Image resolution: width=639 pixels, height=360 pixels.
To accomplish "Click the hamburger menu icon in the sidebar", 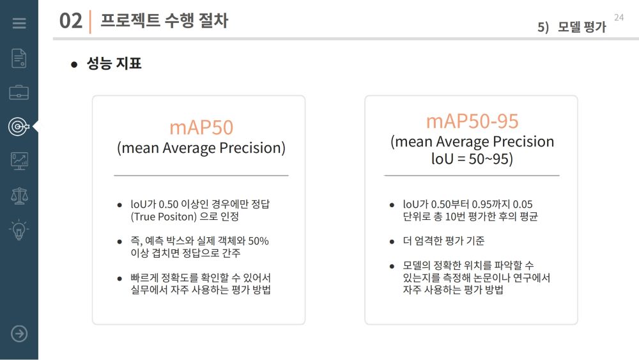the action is tap(19, 23).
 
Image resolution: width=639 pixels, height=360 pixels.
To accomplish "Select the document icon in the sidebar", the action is tap(19, 58).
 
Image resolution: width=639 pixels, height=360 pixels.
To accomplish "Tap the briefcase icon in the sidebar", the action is tap(19, 93).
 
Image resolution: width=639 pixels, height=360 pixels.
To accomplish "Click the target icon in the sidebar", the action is tap(19, 127).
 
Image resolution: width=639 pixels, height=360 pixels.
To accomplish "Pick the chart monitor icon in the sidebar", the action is tap(19, 161).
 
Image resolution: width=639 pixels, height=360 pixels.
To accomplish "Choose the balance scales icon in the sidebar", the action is tap(19, 196).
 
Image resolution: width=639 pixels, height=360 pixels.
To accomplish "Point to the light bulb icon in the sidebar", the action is tap(19, 230).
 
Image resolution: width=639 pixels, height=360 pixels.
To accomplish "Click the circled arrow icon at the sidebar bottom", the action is tap(19, 334).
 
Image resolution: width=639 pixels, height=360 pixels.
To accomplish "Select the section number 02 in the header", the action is tap(70, 21).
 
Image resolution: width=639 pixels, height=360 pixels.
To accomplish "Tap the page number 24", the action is tap(619, 17).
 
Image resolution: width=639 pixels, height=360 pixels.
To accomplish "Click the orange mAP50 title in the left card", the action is tap(201, 127).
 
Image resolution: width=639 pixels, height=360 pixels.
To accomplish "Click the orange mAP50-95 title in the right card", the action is tap(472, 121).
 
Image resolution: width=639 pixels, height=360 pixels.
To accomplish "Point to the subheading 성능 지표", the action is tap(114, 63).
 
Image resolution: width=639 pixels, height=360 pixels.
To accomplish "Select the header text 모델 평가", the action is tap(581, 27).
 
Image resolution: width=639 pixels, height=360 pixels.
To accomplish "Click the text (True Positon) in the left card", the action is tap(164, 217).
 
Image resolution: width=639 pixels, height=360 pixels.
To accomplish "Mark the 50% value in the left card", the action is tap(258, 241).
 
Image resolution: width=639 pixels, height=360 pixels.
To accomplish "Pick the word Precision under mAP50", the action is tap(252, 148).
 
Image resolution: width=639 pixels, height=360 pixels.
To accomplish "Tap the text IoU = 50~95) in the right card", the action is tap(472, 159).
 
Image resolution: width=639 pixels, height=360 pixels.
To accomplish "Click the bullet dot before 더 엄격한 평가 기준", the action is tap(392, 242).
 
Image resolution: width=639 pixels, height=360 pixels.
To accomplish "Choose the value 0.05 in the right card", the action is tap(523, 204).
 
